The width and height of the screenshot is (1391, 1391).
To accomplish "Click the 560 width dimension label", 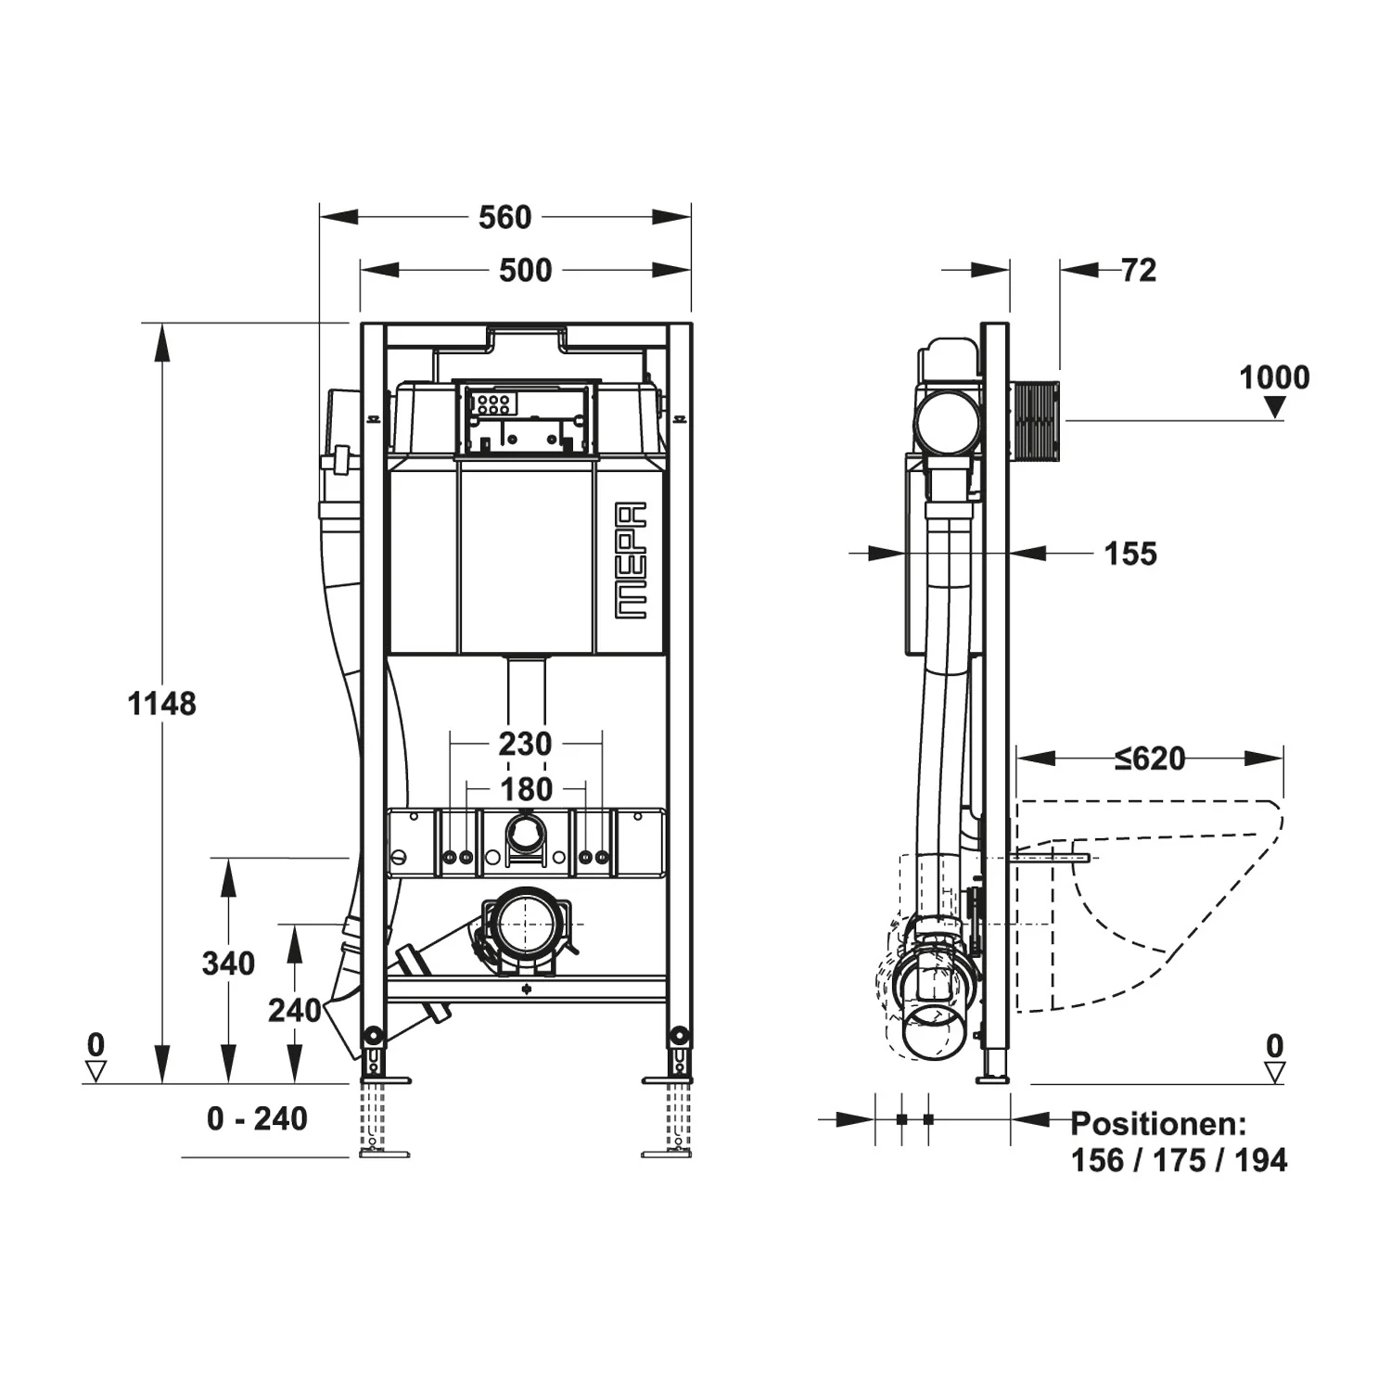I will [x=504, y=217].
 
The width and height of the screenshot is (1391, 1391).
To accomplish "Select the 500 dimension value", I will [x=525, y=271].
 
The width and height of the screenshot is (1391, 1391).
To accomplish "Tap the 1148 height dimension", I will [x=161, y=704].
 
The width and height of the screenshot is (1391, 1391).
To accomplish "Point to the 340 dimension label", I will [x=228, y=963].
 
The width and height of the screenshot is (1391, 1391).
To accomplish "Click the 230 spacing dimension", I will [x=525, y=744].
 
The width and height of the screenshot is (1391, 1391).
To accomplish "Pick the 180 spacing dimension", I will [x=526, y=789].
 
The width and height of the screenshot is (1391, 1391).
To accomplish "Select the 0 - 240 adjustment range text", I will [x=257, y=1118].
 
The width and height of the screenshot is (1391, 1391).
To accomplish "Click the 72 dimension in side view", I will [x=1139, y=270].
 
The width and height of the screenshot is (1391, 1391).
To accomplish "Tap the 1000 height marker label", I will [x=1274, y=377].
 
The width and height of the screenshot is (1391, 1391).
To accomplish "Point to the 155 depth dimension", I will [x=1130, y=554].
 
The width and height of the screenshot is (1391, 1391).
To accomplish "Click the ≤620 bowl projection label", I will [x=1150, y=759].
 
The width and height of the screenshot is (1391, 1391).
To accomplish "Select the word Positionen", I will [x=1158, y=1124].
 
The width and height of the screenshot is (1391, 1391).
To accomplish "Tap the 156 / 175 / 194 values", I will [x=1179, y=1160].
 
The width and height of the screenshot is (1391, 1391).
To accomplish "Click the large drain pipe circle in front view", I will [x=525, y=924].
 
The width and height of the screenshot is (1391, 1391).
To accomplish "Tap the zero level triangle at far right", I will [x=1275, y=1072].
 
